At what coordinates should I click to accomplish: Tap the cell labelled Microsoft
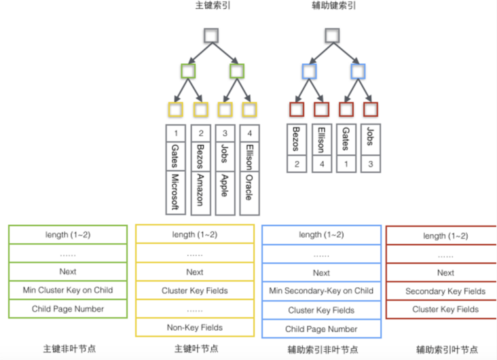click(177, 192)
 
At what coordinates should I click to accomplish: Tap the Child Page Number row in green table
click(68, 309)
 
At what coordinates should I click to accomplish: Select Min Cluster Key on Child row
click(68, 290)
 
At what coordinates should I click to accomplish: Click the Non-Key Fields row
click(195, 327)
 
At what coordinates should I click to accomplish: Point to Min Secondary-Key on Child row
click(321, 291)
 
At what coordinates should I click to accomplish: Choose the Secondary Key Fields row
click(445, 291)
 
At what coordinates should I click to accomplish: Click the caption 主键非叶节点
click(68, 349)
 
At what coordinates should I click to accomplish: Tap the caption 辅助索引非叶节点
click(320, 350)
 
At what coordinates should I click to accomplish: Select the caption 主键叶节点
click(196, 349)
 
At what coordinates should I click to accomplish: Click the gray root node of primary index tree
click(212, 35)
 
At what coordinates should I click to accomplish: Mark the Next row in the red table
click(445, 273)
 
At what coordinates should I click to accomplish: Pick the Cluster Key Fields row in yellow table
click(195, 291)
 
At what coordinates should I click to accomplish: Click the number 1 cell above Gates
click(176, 132)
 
